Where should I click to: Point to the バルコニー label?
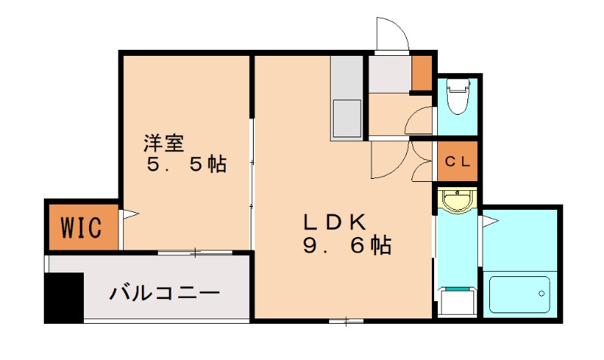pos(164,292)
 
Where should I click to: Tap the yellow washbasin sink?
pos(457,201)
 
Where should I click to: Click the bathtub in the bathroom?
pos(519,294)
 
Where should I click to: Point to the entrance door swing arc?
pos(392,34)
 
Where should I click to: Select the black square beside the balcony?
pos(63,297)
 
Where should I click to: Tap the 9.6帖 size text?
pos(347,245)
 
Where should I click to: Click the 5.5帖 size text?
pos(186,164)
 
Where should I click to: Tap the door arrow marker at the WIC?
pos(130,215)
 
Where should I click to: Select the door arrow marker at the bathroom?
pos(489,222)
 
